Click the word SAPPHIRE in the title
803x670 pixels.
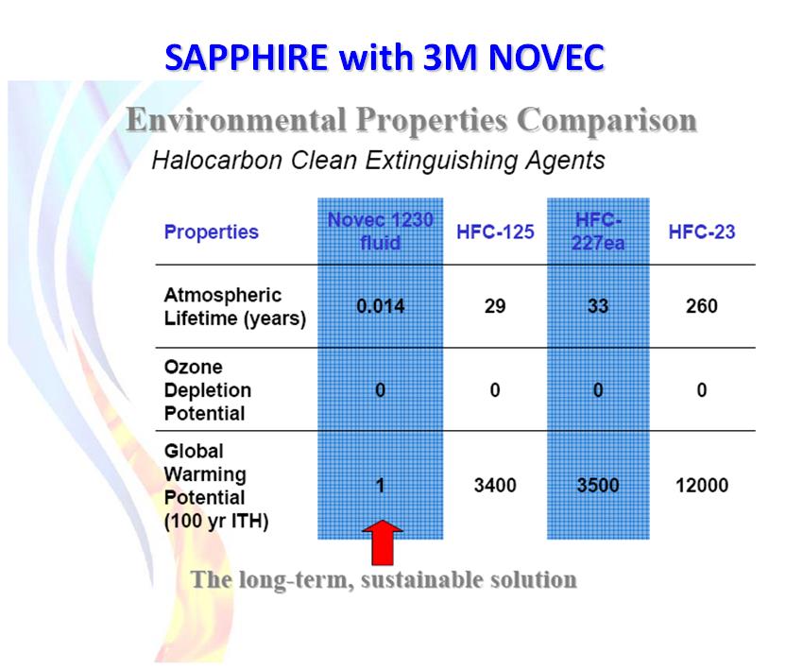pyautogui.click(x=247, y=57)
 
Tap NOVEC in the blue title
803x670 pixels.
pyautogui.click(x=547, y=57)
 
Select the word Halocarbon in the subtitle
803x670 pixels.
pyautogui.click(x=217, y=160)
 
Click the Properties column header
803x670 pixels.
pyautogui.click(x=211, y=232)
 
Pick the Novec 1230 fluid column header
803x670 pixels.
pyautogui.click(x=381, y=231)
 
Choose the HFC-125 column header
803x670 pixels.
pyautogui.click(x=495, y=232)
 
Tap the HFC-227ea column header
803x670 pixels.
pyautogui.click(x=598, y=231)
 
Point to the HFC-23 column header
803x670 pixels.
pyautogui.click(x=702, y=232)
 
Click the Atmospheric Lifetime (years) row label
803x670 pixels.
pyautogui.click(x=234, y=307)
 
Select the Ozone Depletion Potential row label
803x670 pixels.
pyautogui.click(x=208, y=390)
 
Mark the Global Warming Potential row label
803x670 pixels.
pyautogui.click(x=216, y=486)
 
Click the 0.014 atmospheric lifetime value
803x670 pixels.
pyautogui.click(x=381, y=306)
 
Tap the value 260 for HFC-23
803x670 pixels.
pyautogui.click(x=702, y=306)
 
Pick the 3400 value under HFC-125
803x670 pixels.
pyautogui.click(x=495, y=485)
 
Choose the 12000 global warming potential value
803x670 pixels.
pyautogui.click(x=702, y=485)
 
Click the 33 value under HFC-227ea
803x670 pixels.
pyautogui.click(x=598, y=306)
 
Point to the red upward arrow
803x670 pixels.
pyautogui.click(x=383, y=543)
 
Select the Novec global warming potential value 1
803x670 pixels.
pyautogui.click(x=380, y=485)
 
